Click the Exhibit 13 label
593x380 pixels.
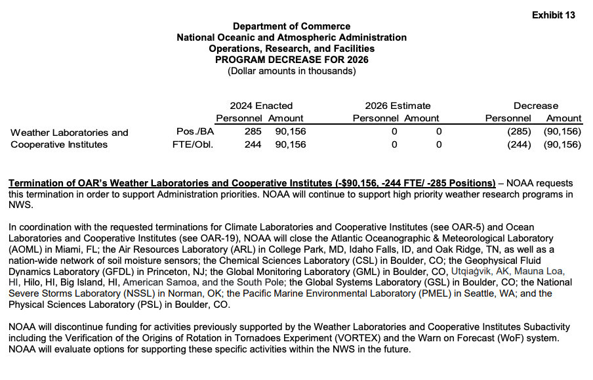(x=553, y=15)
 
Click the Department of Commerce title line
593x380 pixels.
(x=291, y=26)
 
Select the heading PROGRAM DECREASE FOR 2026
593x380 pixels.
(x=291, y=60)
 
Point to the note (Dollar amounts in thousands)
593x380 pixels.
(x=291, y=71)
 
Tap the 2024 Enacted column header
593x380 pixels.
(x=261, y=106)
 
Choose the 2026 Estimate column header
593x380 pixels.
(x=398, y=106)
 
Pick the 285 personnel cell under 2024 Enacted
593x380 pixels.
(x=253, y=131)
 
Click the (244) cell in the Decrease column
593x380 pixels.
(x=518, y=144)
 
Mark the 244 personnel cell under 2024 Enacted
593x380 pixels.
(x=253, y=144)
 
